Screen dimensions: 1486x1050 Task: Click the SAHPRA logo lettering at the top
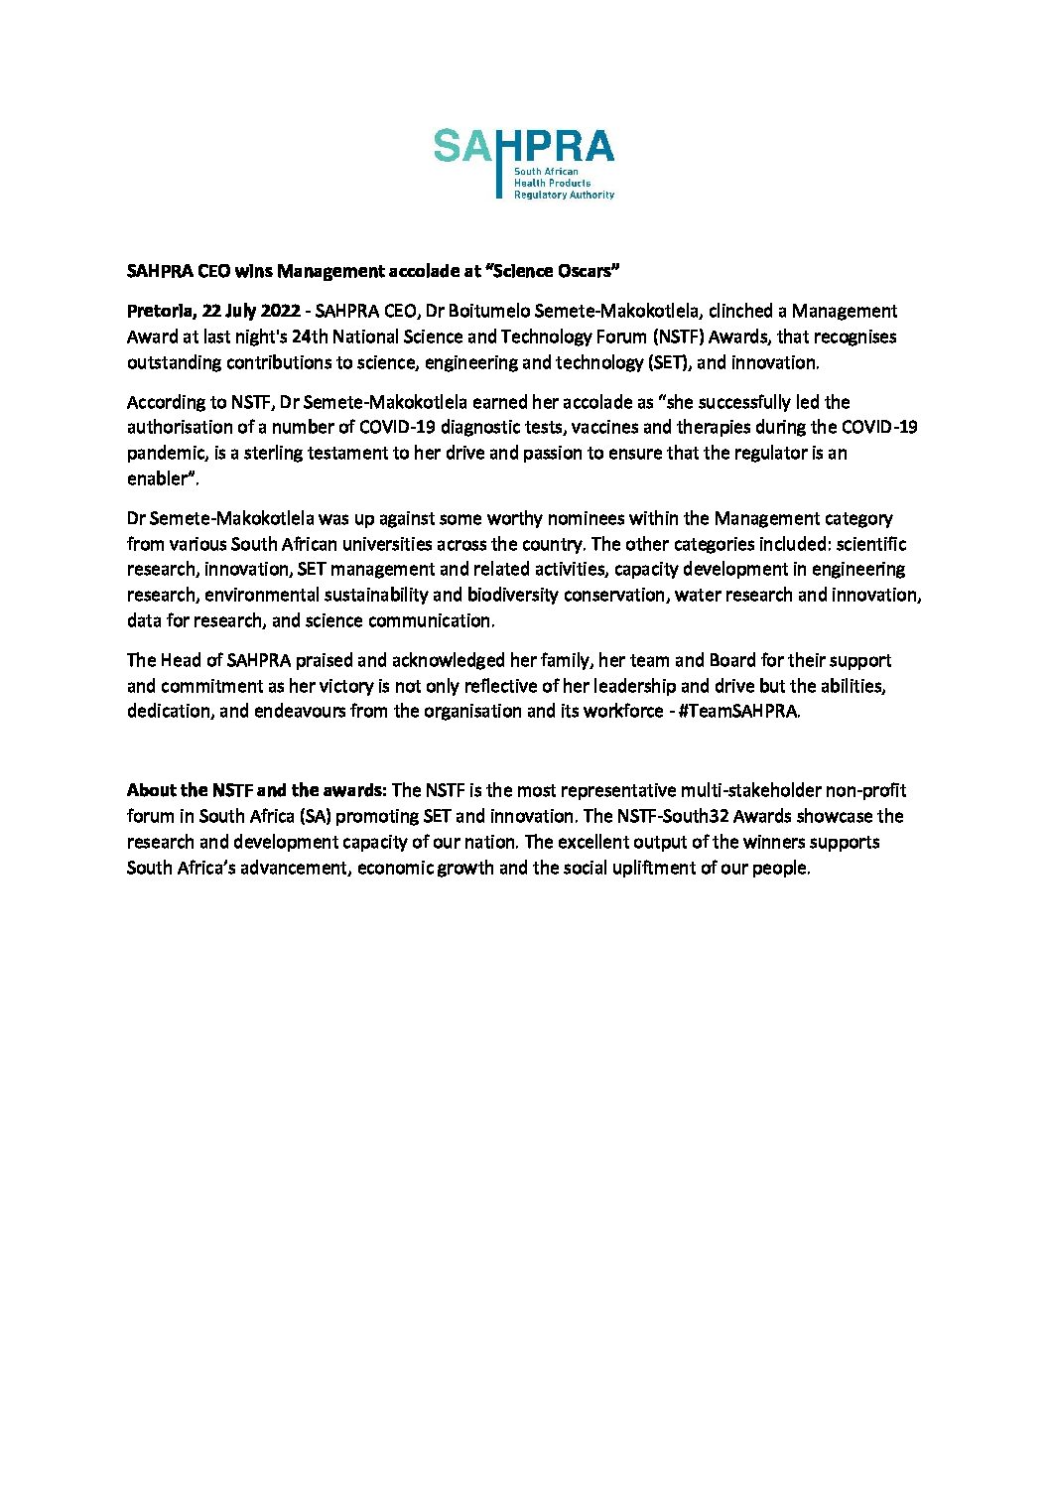(x=524, y=147)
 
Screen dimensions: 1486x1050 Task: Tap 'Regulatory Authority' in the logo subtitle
(x=564, y=196)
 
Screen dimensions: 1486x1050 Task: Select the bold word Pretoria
(x=160, y=312)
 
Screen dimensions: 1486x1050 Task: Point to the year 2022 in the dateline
(x=280, y=312)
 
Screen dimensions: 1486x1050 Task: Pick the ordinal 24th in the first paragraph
(x=310, y=338)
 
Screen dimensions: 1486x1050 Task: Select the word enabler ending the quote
(x=157, y=478)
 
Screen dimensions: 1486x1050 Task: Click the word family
(x=565, y=661)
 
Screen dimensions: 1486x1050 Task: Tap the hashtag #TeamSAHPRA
(x=738, y=712)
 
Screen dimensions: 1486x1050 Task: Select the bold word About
(x=152, y=791)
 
